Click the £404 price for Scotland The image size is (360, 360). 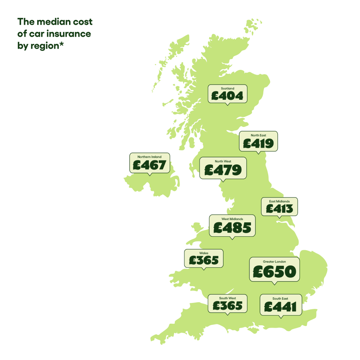pos(227,96)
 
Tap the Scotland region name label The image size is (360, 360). pos(227,88)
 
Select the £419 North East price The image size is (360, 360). pos(258,143)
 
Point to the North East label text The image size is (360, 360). pos(258,135)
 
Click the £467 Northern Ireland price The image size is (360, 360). pos(149,165)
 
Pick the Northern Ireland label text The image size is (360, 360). pos(149,157)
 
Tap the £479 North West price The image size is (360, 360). pos(223,170)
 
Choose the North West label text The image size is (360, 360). pos(223,161)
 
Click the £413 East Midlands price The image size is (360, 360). pos(279,208)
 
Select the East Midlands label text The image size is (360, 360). pos(279,201)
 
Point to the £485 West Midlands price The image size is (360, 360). pos(232,228)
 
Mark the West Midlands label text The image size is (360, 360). pos(232,219)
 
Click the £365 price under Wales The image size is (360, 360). pos(204,260)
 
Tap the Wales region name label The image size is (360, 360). pos(204,253)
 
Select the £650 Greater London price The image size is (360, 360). pos(274,272)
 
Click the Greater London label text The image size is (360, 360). pos(274,262)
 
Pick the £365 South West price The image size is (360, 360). pos(227,306)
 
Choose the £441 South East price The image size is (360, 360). pos(281,307)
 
